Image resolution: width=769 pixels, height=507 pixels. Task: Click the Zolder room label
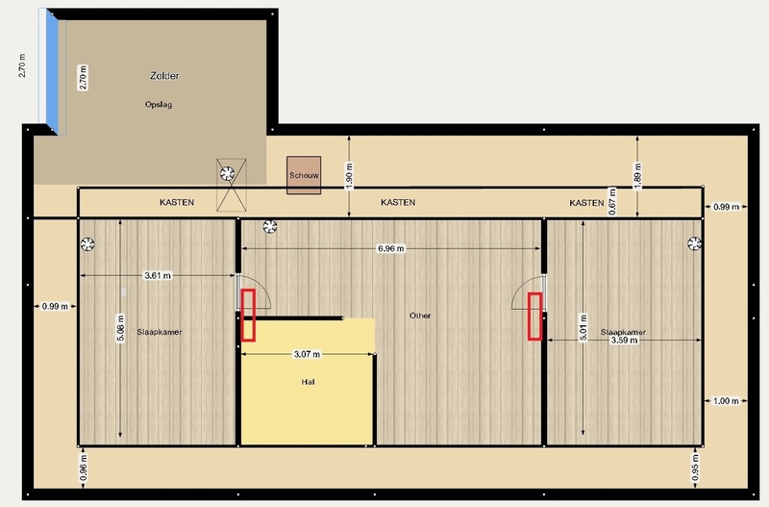pos(164,76)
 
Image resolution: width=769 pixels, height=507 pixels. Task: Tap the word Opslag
pos(159,104)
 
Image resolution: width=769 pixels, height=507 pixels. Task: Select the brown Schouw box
pos(304,175)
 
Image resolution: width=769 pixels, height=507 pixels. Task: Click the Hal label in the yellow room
pos(309,381)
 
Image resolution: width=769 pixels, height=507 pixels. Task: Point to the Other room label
pos(420,316)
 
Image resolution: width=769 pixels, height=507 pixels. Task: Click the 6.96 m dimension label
pos(391,248)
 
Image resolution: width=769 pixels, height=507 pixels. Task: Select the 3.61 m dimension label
pos(158,275)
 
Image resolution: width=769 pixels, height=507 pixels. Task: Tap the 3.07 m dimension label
pos(307,354)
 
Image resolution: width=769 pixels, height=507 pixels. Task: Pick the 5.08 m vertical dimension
pos(120,328)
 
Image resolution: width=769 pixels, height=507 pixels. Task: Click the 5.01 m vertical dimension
pos(583,327)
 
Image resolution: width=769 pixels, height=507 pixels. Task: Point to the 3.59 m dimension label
pos(624,340)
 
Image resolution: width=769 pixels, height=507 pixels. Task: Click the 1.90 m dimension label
pos(349,176)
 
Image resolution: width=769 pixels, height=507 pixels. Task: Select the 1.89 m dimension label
pos(637,175)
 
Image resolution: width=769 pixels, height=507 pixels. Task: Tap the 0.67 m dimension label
pos(612,201)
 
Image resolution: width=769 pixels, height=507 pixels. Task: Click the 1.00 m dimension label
pos(726,401)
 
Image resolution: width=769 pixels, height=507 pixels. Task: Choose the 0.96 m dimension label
pos(84,468)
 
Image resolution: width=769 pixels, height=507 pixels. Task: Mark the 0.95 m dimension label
pos(695,468)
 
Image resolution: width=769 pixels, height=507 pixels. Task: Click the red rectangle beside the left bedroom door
pos(248,316)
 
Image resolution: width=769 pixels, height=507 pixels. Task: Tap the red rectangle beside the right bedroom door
pos(534,317)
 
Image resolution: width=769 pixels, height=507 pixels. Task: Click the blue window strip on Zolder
pos(52,71)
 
